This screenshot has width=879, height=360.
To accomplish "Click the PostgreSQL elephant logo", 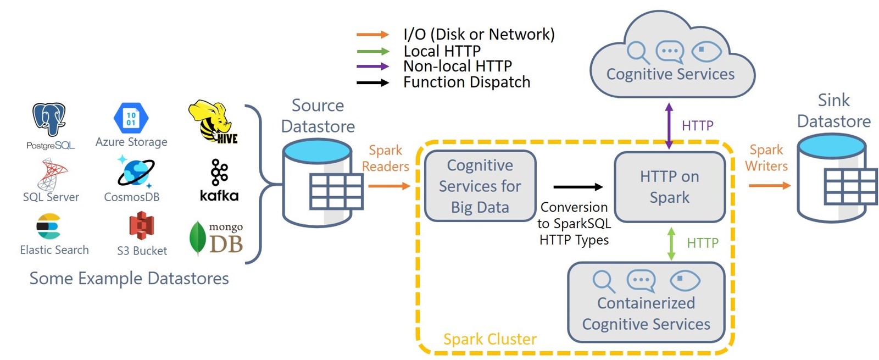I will [49, 119].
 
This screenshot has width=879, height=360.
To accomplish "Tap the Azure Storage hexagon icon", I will [131, 118].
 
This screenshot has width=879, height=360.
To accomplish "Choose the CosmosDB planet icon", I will [135, 172].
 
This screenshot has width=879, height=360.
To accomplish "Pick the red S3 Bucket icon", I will [141, 226].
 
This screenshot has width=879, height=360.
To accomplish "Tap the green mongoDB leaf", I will [197, 238].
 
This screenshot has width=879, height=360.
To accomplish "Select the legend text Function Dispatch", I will [466, 82].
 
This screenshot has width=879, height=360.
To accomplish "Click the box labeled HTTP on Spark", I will [669, 187].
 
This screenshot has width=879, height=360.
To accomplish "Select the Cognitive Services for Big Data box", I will [480, 186].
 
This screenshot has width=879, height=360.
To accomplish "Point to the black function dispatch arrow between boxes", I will [578, 187].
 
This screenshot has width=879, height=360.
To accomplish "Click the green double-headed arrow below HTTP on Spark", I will [671, 243].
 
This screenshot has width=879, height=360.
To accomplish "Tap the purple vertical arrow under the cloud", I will [669, 126].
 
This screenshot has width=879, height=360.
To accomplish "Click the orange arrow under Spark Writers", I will [769, 186].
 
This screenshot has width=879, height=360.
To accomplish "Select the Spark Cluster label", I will [489, 339].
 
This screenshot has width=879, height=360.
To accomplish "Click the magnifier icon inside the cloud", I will [637, 52].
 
